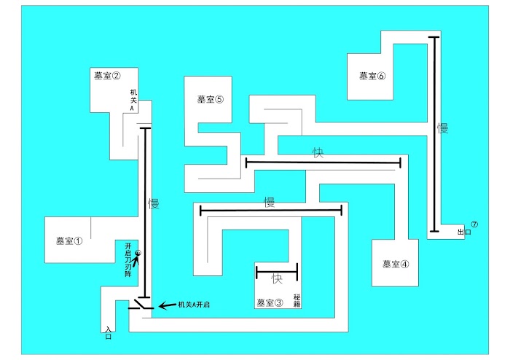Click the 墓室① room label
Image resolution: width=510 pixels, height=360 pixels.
point(69,241)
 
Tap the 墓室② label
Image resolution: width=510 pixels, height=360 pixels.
point(107,76)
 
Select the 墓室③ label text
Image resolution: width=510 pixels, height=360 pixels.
point(270,302)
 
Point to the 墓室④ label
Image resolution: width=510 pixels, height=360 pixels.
point(396,264)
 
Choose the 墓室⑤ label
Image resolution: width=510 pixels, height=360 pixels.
point(211,99)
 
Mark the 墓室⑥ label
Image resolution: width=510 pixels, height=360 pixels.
point(372,76)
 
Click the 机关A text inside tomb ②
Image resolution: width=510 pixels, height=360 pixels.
point(133,100)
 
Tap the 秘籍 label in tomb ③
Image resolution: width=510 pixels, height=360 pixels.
point(297,301)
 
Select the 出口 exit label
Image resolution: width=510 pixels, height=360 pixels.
point(464,232)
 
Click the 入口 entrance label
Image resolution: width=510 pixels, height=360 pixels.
point(109,333)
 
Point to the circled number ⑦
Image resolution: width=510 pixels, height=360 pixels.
point(474,224)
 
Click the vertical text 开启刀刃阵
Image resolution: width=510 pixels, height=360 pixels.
point(128,260)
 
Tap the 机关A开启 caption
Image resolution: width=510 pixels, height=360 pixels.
point(194,305)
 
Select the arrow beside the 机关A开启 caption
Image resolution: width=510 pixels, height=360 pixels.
point(167,305)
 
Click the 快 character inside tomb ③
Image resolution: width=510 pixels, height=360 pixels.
point(277,278)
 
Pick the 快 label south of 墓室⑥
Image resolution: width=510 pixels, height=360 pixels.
point(318,152)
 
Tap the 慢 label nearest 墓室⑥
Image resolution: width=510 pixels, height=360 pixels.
point(443,128)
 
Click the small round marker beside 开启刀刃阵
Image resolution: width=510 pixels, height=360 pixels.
point(138,253)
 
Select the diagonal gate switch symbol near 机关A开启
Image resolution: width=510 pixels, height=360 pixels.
point(141,304)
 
